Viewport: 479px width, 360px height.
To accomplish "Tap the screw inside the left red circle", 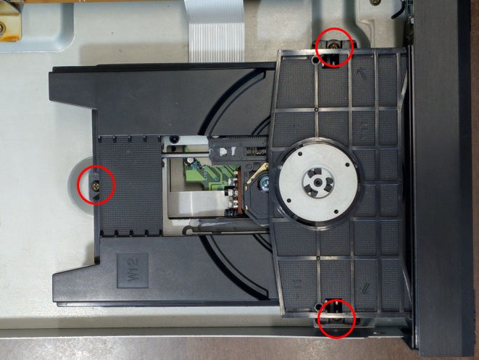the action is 96,185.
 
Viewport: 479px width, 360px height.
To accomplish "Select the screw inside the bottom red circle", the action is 337,319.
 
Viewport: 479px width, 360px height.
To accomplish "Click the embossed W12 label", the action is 133,270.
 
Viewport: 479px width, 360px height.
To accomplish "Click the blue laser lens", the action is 263,184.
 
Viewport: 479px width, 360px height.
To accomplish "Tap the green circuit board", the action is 208,174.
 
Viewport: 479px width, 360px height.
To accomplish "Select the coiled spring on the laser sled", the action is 256,151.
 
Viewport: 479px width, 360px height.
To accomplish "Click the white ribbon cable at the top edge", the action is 216,30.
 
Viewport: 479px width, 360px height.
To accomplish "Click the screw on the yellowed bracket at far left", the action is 1,29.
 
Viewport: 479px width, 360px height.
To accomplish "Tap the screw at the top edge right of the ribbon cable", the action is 376,2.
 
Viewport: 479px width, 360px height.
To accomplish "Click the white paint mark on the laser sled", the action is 228,151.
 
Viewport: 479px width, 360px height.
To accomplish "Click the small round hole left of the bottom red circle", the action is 318,306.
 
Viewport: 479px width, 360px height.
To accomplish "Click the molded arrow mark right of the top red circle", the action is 362,73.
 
